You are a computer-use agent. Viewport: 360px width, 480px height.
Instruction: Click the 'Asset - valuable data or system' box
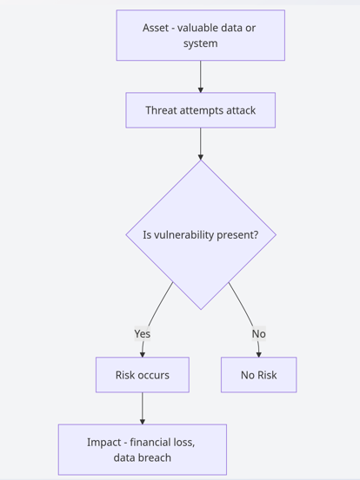pyautogui.click(x=200, y=36)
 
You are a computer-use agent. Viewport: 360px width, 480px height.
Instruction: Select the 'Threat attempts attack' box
pyautogui.click(x=200, y=110)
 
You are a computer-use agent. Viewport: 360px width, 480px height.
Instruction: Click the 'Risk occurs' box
pyautogui.click(x=142, y=375)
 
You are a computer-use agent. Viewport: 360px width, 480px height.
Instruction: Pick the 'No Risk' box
pyautogui.click(x=258, y=375)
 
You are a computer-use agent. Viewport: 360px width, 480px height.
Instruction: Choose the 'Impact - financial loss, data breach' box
pyautogui.click(x=142, y=450)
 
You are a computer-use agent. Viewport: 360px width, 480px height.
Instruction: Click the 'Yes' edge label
pyautogui.click(x=143, y=333)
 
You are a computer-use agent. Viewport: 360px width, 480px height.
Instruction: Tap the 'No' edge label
pyautogui.click(x=258, y=333)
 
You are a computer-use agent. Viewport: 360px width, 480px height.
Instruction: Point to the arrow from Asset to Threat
pyautogui.click(x=200, y=76)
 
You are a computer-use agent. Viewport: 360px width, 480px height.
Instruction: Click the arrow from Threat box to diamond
pyautogui.click(x=200, y=143)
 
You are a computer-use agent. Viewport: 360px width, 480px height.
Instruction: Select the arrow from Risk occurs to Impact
pyautogui.click(x=142, y=408)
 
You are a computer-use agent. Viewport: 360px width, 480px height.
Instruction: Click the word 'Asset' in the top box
pyautogui.click(x=157, y=28)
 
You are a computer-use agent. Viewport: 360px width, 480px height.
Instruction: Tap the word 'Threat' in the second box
pyautogui.click(x=162, y=110)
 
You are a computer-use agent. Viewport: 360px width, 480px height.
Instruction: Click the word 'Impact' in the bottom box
pyautogui.click(x=103, y=442)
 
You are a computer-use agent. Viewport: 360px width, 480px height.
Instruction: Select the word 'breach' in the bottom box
pyautogui.click(x=154, y=457)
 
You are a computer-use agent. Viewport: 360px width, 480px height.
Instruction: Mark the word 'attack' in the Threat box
pyautogui.click(x=237, y=110)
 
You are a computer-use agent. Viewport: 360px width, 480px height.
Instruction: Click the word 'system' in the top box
pyautogui.click(x=200, y=43)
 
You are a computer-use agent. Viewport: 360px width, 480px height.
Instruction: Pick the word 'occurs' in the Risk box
pyautogui.click(x=153, y=375)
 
